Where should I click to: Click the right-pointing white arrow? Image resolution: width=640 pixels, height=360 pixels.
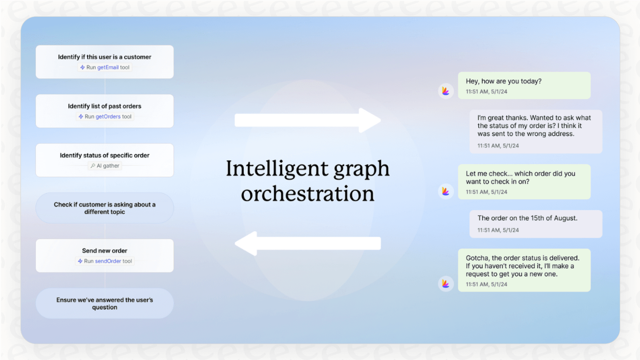[x=308, y=120]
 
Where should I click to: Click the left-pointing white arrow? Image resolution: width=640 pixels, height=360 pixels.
[x=308, y=243]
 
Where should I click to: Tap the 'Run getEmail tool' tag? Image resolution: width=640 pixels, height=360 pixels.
[x=105, y=67]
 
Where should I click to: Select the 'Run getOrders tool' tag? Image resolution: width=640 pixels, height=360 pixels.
[x=105, y=117]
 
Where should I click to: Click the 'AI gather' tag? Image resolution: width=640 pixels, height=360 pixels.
[x=105, y=166]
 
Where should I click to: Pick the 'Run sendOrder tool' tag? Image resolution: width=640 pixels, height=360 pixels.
[x=105, y=261]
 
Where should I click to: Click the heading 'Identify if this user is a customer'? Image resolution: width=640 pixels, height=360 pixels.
[x=104, y=57]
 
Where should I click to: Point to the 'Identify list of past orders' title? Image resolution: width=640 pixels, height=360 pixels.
[x=104, y=106]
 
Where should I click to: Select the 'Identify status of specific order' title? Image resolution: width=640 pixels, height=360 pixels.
[x=104, y=155]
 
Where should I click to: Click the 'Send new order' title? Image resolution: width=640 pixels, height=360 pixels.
[x=104, y=251]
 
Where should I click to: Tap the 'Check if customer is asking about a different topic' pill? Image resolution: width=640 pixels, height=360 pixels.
[x=104, y=208]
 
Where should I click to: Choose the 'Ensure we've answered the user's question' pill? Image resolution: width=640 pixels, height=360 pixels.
[x=104, y=303]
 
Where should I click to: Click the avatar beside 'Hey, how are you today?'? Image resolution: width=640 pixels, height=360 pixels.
[x=446, y=91]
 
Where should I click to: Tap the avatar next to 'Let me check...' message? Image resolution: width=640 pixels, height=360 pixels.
[x=446, y=191]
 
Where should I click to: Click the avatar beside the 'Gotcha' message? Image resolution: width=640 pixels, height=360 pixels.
[x=446, y=284]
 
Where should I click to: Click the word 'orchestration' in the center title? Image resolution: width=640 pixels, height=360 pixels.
[x=308, y=194]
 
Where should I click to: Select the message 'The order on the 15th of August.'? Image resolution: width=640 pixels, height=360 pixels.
[x=527, y=218]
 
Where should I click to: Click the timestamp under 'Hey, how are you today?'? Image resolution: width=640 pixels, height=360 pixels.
[x=486, y=92]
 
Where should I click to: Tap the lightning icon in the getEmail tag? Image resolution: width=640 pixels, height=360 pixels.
[x=82, y=67]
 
